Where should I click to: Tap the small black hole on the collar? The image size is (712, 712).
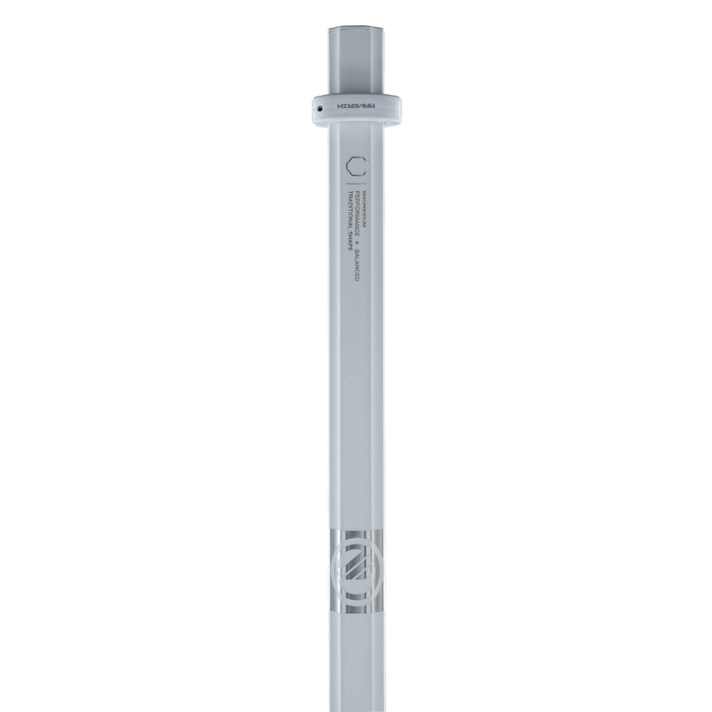tap(320, 107)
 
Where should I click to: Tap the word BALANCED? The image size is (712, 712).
tap(357, 265)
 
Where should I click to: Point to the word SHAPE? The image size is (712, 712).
tap(349, 241)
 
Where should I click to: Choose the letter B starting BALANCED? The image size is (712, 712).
tap(357, 251)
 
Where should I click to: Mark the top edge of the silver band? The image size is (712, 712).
tap(356, 529)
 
